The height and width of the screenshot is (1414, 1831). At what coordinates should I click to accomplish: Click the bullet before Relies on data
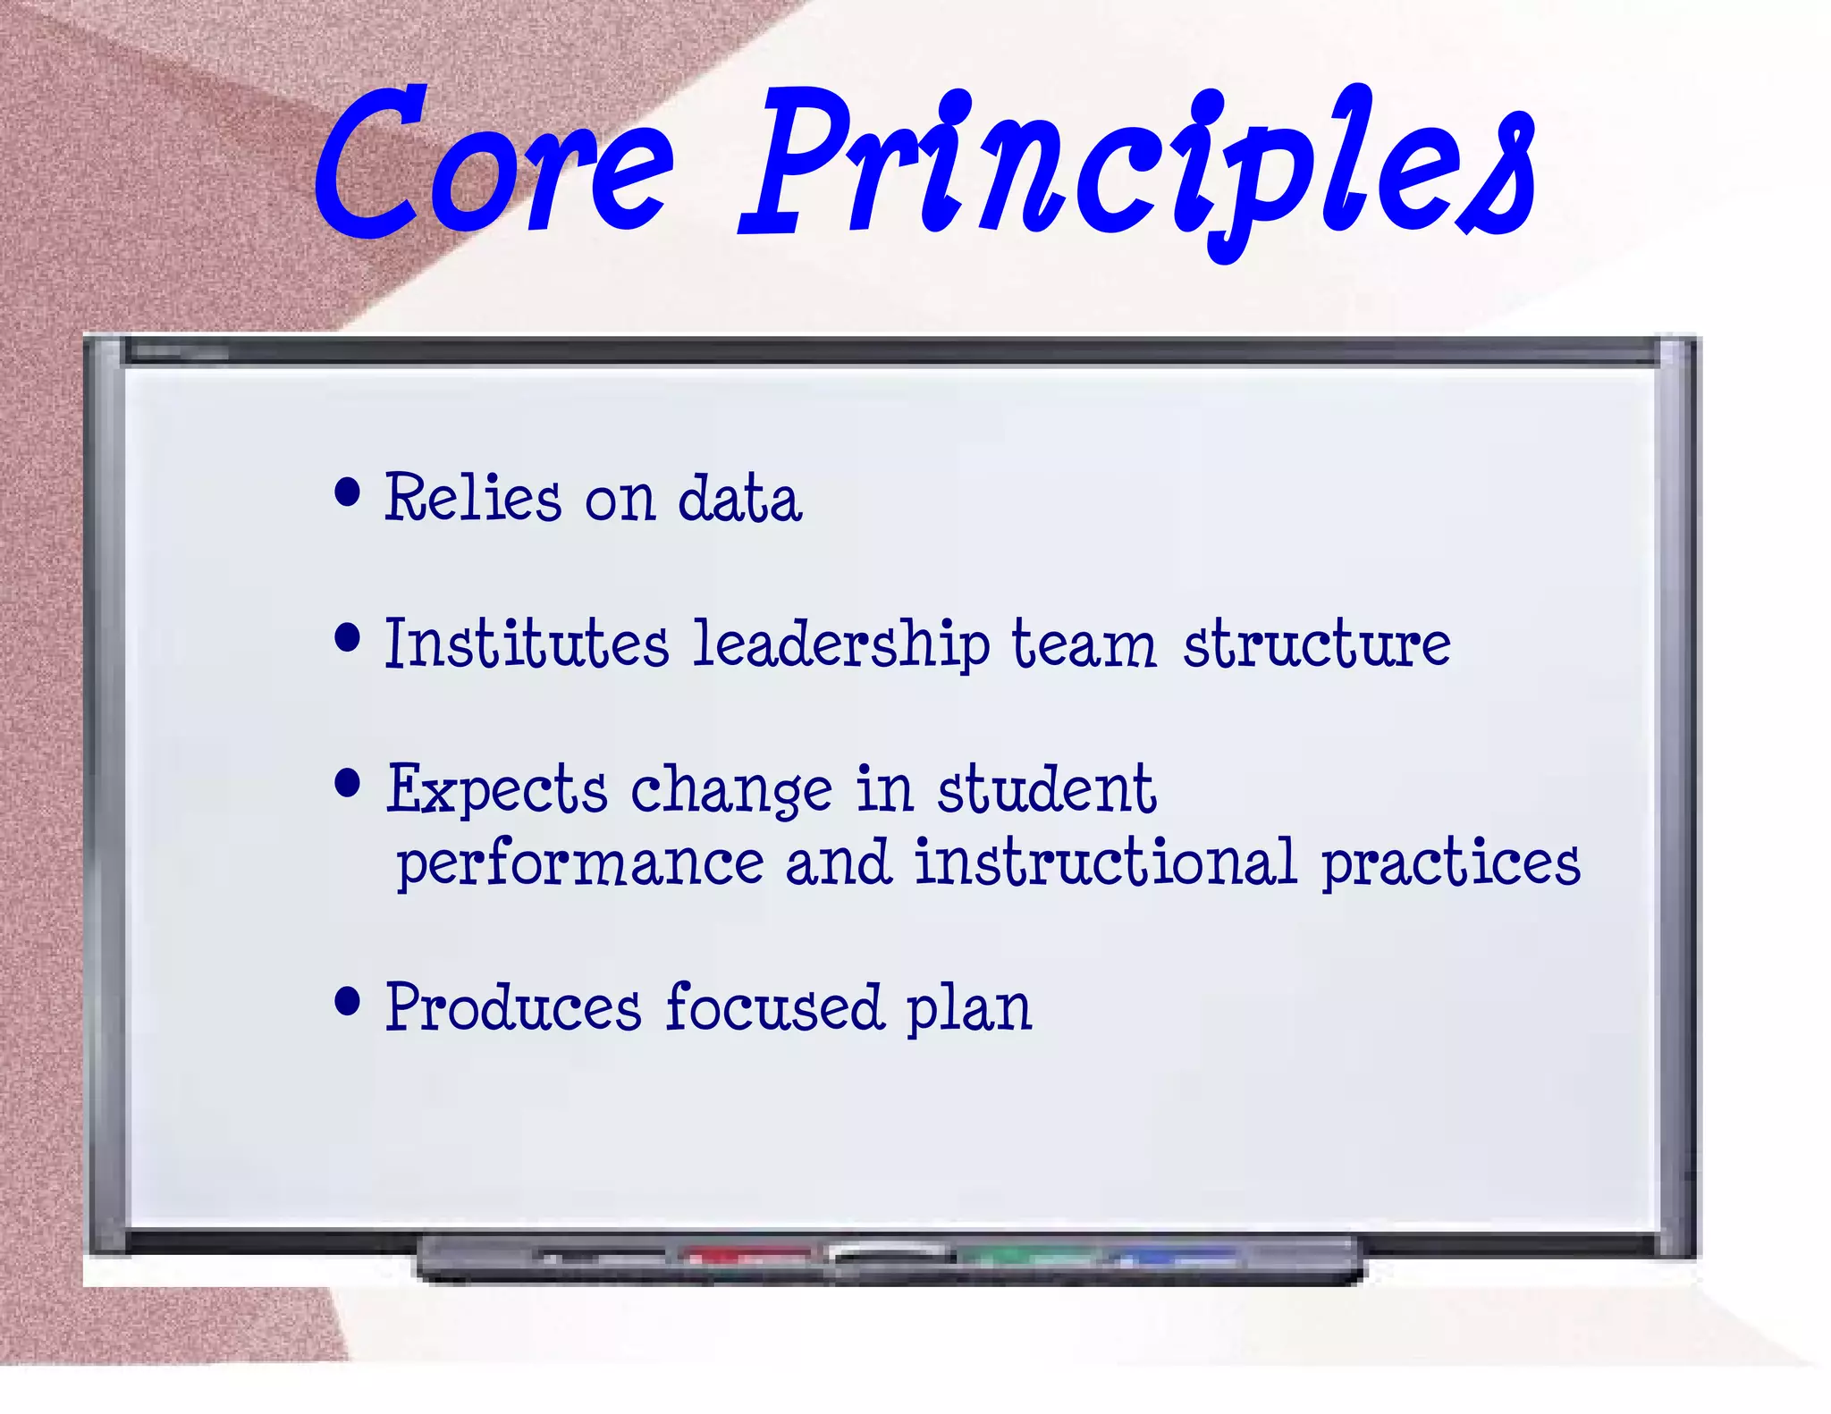coord(347,492)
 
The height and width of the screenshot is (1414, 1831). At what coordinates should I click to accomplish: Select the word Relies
coord(473,498)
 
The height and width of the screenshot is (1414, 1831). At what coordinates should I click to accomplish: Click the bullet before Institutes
coord(347,638)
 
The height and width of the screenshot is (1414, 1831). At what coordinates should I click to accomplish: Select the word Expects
coord(497,790)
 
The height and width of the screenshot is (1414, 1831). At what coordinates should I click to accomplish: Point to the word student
coord(1046,790)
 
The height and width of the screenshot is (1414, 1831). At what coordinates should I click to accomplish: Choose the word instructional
coord(1105,863)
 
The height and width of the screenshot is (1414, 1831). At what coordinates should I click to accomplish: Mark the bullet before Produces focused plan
coord(347,1001)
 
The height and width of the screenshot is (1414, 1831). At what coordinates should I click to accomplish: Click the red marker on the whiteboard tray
coord(747,1256)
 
